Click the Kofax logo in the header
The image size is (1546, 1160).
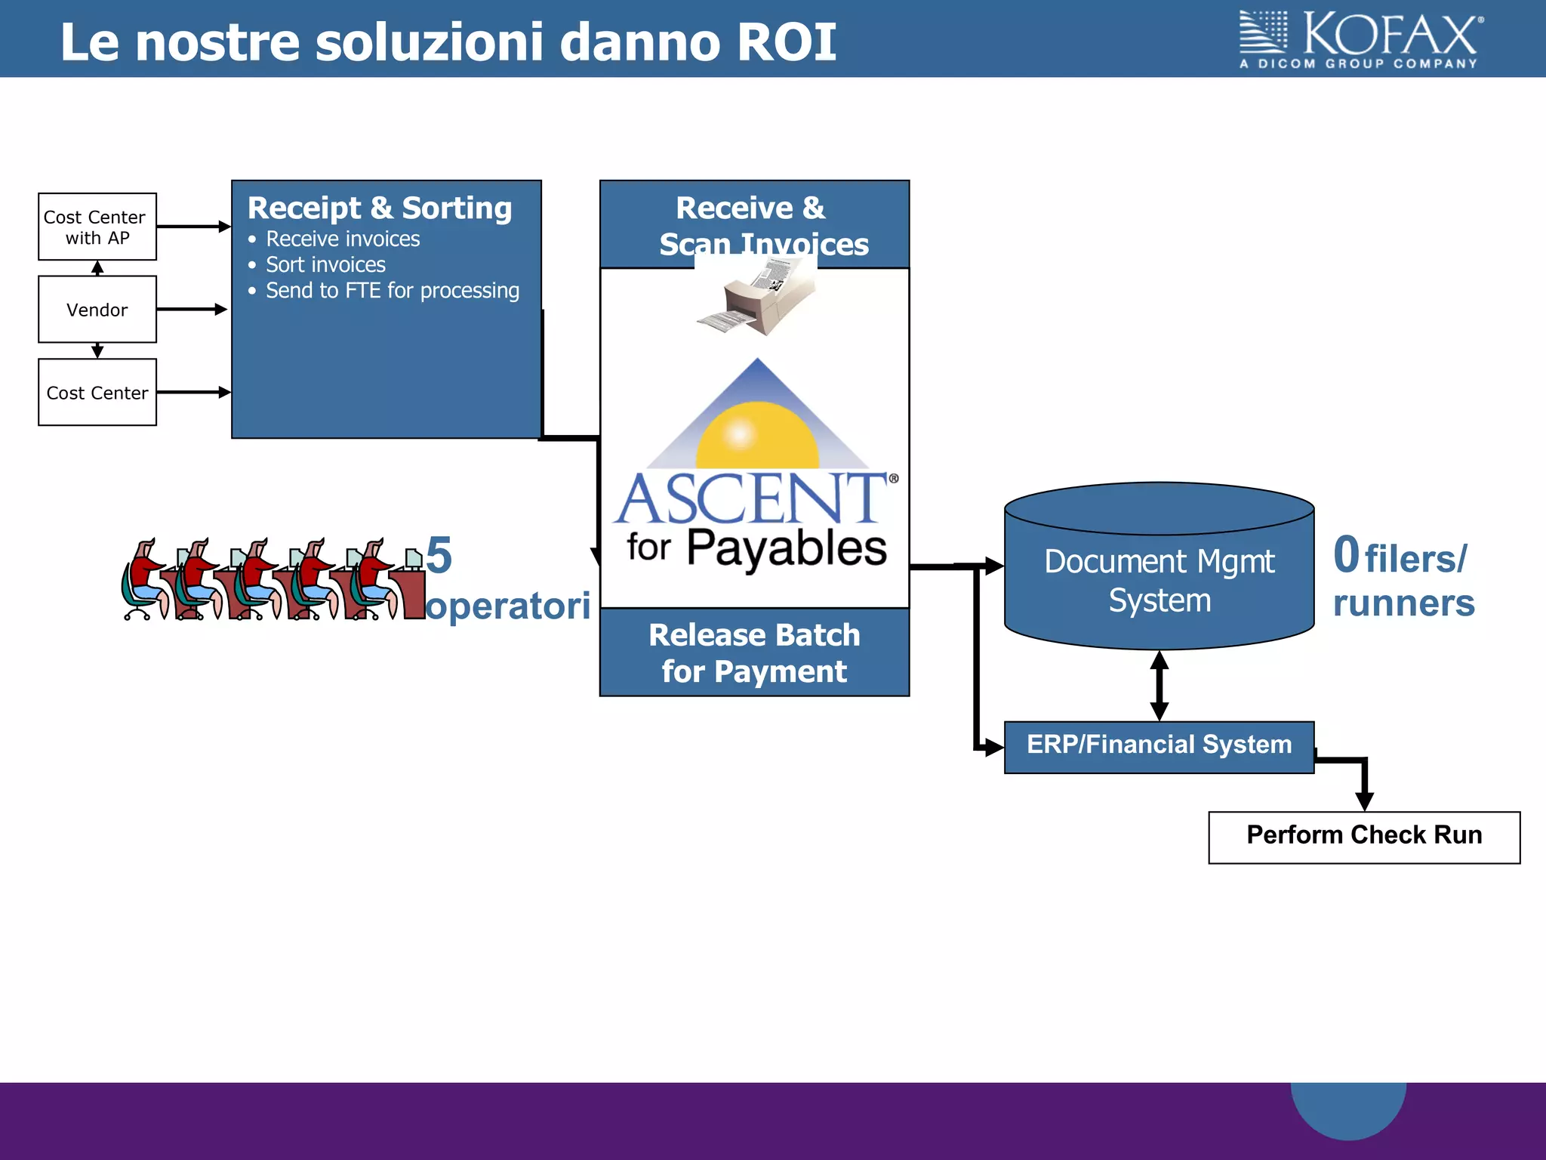point(1360,40)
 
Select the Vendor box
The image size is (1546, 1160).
point(97,310)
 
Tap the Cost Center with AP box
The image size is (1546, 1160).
point(97,227)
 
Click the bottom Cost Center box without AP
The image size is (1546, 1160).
point(97,393)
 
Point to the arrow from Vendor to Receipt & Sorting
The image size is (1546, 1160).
point(192,310)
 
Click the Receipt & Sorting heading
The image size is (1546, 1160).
point(380,208)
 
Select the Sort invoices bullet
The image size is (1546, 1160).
point(325,265)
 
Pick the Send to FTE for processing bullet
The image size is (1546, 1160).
point(392,291)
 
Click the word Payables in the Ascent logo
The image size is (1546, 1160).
point(786,549)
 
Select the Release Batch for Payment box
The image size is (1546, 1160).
point(754,652)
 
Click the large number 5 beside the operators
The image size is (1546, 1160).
point(439,556)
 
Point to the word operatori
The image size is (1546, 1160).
point(507,606)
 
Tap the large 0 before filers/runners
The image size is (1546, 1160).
point(1346,555)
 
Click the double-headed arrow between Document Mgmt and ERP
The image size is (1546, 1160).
point(1159,686)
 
